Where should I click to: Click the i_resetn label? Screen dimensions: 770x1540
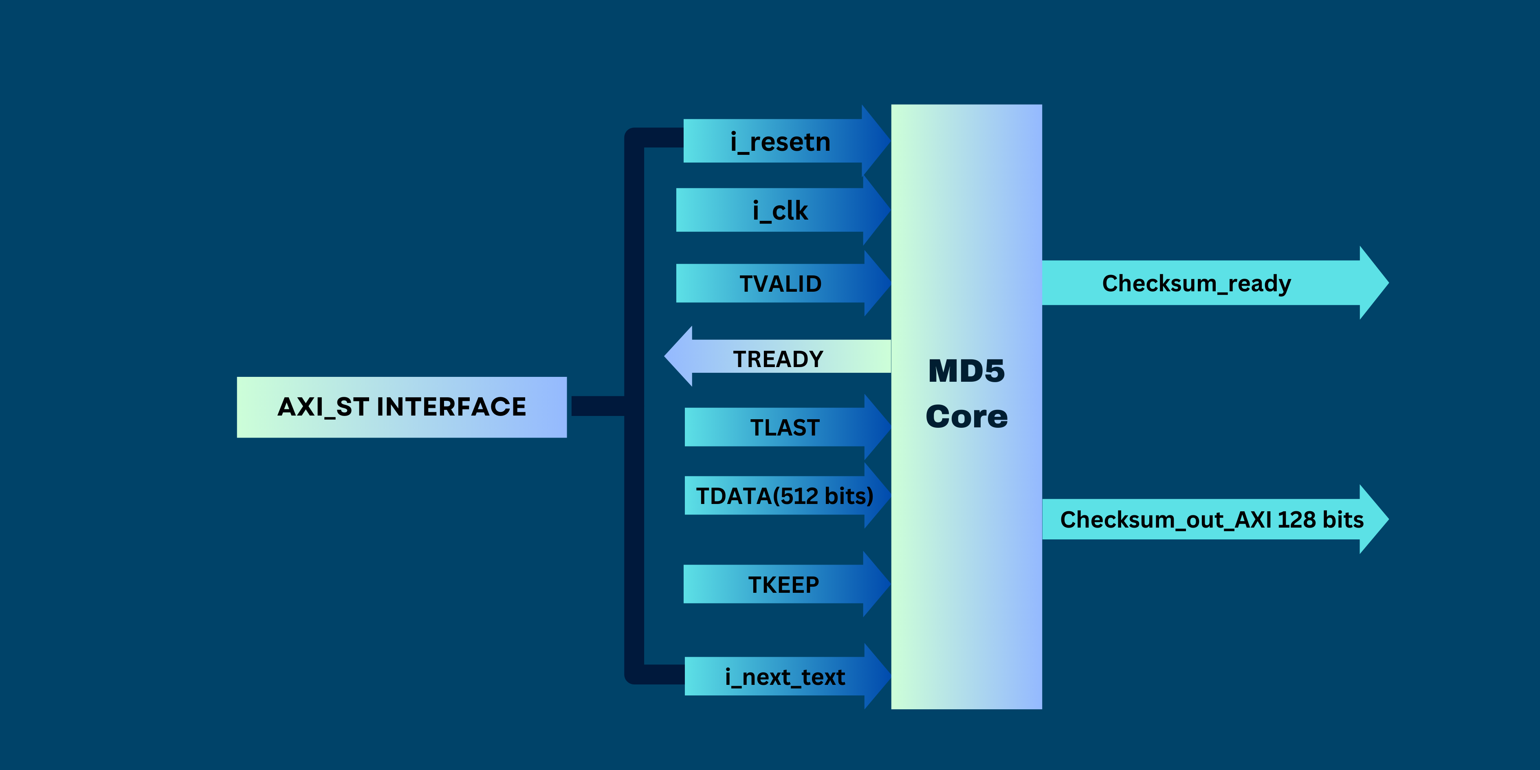[x=780, y=142]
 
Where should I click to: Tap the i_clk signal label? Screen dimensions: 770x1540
[x=780, y=211]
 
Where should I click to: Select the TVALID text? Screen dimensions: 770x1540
[x=781, y=284]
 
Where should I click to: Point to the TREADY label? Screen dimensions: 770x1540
[x=779, y=359]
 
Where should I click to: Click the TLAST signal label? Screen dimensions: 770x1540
[x=785, y=428]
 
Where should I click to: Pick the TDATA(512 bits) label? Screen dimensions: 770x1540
[x=784, y=496]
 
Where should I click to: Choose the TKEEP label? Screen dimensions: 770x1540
[x=784, y=585]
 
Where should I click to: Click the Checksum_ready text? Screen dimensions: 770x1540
[x=1196, y=284]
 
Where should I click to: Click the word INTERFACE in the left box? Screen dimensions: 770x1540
[x=451, y=407]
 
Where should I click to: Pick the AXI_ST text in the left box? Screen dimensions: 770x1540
[x=323, y=407]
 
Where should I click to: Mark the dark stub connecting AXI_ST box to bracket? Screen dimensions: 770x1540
[x=597, y=406]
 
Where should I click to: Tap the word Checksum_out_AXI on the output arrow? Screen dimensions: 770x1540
[x=1165, y=520]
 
